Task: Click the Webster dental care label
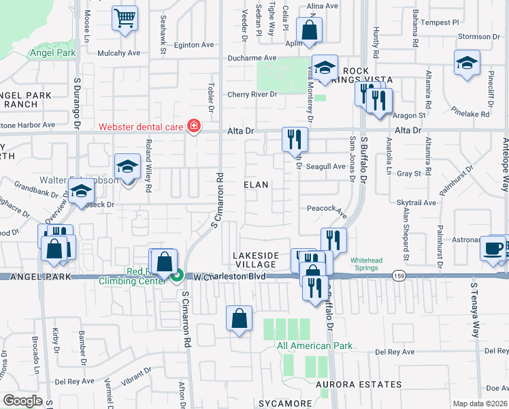142,126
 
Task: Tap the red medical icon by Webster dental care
194,126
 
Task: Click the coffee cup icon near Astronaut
493,248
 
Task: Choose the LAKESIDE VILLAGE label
256,260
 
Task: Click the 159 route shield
399,275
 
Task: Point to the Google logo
23,401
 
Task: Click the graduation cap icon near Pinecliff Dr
467,63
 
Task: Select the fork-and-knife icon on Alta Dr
295,140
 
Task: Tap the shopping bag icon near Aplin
310,31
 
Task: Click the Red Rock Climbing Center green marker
177,276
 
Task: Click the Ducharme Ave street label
252,59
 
